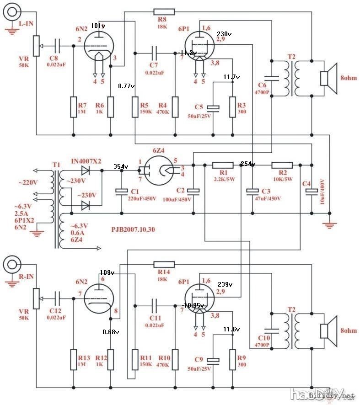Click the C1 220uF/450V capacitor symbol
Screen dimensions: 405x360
[x=121, y=191]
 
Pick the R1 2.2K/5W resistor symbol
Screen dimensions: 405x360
[x=223, y=165]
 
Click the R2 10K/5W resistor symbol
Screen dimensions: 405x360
[x=282, y=165]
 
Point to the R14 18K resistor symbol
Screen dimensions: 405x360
[x=164, y=264]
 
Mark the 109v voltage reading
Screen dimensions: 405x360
[x=106, y=272]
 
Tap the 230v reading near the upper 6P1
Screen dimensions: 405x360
[x=225, y=34]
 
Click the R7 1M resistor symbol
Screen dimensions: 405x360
[x=73, y=107]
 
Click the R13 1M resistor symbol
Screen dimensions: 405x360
[x=73, y=359]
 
